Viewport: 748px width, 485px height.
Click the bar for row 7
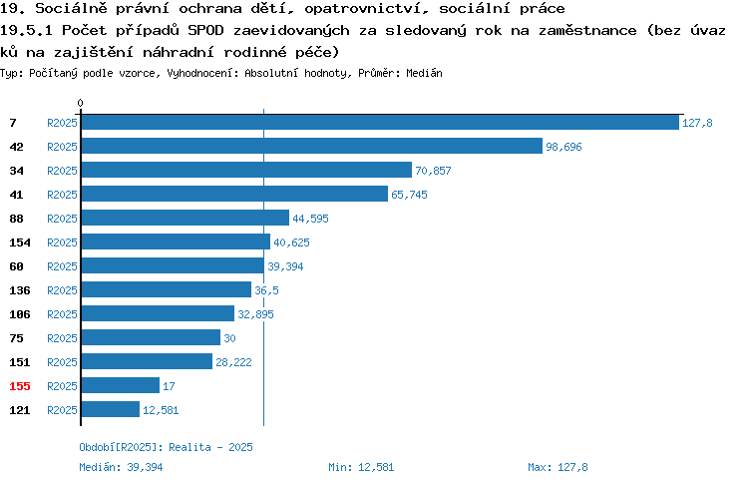pyautogui.click(x=380, y=122)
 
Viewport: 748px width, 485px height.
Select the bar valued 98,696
pyautogui.click(x=312, y=146)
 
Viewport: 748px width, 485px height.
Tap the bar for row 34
pyautogui.click(x=246, y=170)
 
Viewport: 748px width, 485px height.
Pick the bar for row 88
pyautogui.click(x=186, y=218)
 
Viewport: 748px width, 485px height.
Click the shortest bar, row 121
pyautogui.click(x=110, y=409)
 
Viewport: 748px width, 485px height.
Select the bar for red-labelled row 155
pyautogui.click(x=121, y=385)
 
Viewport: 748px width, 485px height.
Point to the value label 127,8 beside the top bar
pyautogui.click(x=697, y=123)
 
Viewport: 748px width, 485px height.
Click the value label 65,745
pyautogui.click(x=409, y=195)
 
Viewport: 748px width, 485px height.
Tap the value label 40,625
pyautogui.click(x=291, y=242)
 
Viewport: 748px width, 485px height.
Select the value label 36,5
pyautogui.click(x=266, y=290)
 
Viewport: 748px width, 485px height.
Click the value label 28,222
pyautogui.click(x=233, y=362)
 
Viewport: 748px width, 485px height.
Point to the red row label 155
pyautogui.click(x=20, y=386)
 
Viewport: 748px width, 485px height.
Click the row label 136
pyautogui.click(x=20, y=290)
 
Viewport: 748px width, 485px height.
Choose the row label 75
pyautogui.click(x=16, y=338)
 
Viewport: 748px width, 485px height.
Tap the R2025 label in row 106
pyautogui.click(x=62, y=314)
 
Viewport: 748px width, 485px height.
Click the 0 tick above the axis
pyautogui.click(x=80, y=103)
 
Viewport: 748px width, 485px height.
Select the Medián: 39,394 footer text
pyautogui.click(x=121, y=467)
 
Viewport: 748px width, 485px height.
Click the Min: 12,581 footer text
pyautogui.click(x=361, y=467)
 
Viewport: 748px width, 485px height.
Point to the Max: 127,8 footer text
pyautogui.click(x=558, y=467)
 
